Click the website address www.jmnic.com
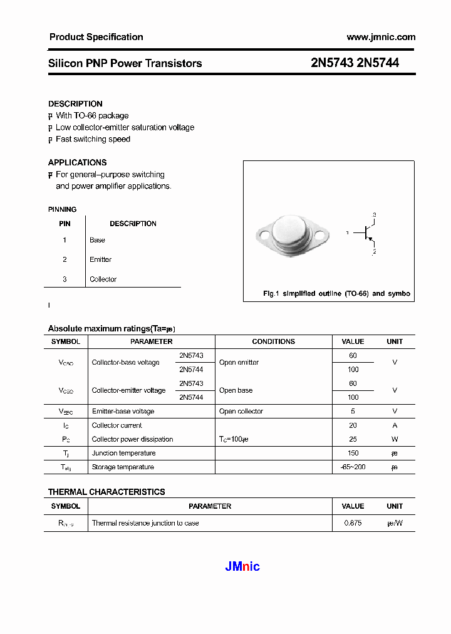[x=381, y=37]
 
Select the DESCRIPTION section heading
[x=75, y=104]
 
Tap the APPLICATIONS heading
[x=77, y=163]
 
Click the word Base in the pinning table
[x=97, y=240]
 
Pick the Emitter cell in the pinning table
[x=100, y=259]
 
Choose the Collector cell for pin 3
[x=103, y=279]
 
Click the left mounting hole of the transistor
[x=264, y=236]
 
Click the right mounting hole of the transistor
[x=321, y=236]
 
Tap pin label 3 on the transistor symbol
[x=374, y=216]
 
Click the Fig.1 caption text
[x=336, y=294]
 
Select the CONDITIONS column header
[x=273, y=341]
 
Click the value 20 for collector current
[x=353, y=425]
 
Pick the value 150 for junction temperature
[x=353, y=453]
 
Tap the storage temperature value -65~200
[x=353, y=467]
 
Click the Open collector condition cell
[x=241, y=412]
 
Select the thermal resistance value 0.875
[x=353, y=523]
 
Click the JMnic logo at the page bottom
[x=242, y=567]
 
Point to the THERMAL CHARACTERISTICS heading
[x=106, y=492]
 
